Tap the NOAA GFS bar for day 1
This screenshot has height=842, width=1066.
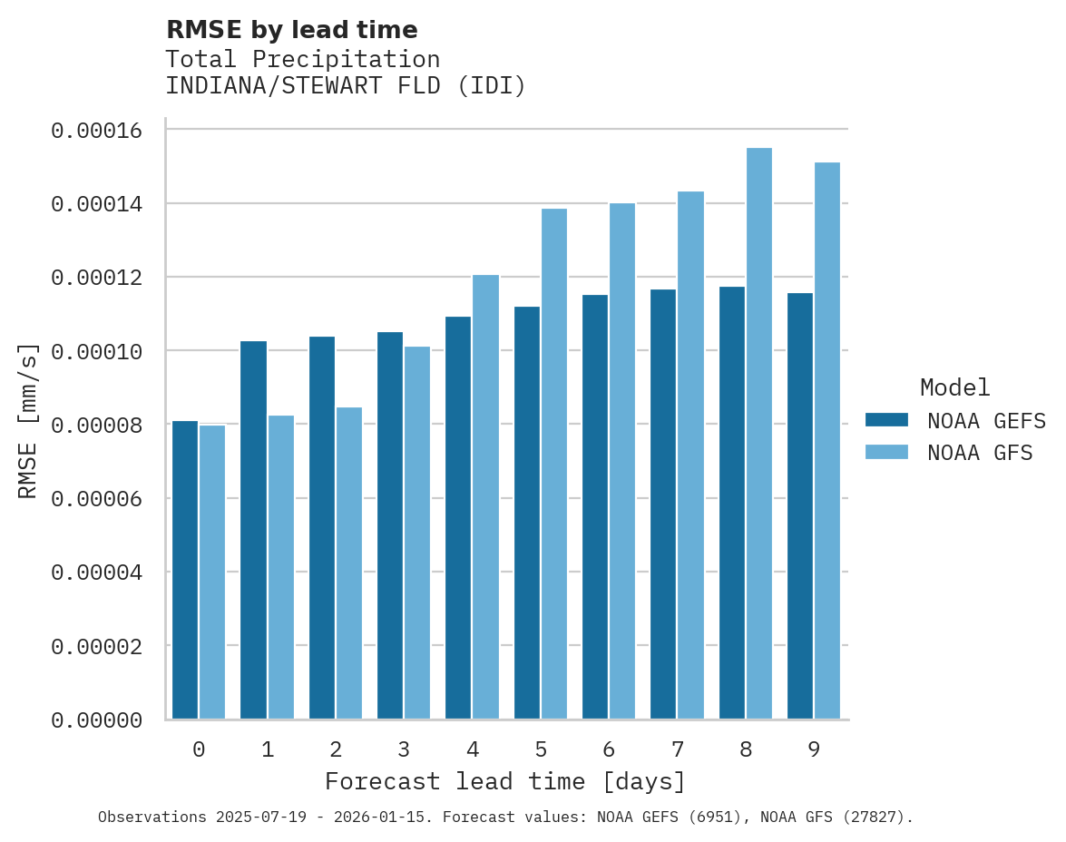pyautogui.click(x=281, y=567)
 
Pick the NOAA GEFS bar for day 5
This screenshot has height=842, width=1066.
pyautogui.click(x=527, y=513)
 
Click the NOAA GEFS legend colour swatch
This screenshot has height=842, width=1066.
pyautogui.click(x=886, y=419)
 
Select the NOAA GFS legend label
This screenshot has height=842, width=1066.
pyautogui.click(x=980, y=452)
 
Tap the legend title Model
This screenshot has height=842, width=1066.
pyautogui.click(x=954, y=387)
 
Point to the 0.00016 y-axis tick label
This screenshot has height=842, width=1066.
pyautogui.click(x=97, y=131)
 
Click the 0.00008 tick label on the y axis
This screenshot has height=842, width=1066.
pyautogui.click(x=97, y=425)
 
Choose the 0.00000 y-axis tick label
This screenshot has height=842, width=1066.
pyautogui.click(x=97, y=720)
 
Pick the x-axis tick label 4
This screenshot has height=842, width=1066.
pyautogui.click(x=473, y=749)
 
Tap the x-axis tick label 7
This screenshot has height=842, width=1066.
pyautogui.click(x=678, y=749)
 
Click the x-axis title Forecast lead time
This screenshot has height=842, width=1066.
pyautogui.click(x=505, y=781)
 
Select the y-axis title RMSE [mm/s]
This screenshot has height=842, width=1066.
pyautogui.click(x=28, y=420)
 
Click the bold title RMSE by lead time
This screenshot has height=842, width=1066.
pyautogui.click(x=292, y=30)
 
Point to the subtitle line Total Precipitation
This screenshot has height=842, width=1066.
pyautogui.click(x=303, y=59)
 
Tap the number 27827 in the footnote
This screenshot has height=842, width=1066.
pyautogui.click(x=876, y=818)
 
